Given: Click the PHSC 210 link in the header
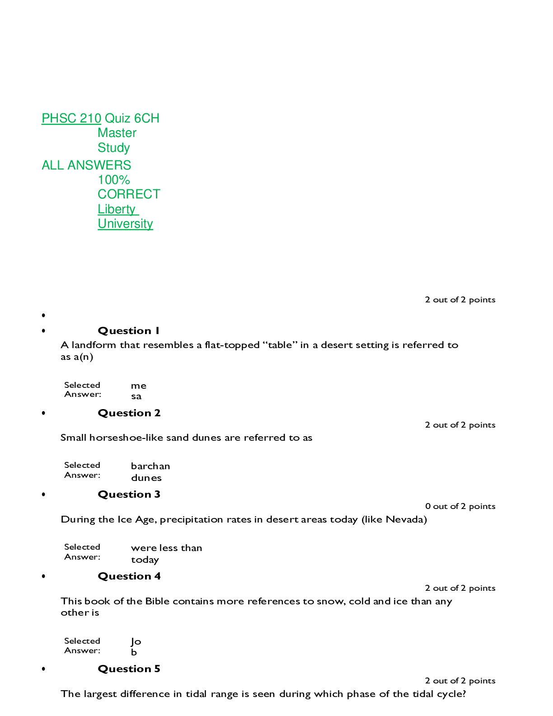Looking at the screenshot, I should coord(71,118).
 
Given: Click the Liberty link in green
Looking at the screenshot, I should coord(117,209).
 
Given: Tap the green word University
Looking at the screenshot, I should coord(125,224).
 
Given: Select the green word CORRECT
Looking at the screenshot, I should coord(129,194).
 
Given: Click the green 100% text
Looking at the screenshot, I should coord(114,180).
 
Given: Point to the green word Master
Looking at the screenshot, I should coord(117,133).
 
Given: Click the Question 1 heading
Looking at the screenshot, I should coord(129,331).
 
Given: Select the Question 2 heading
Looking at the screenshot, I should coord(129,413).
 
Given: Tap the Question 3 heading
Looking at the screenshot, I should coord(129,495).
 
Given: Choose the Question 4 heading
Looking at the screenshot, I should coord(129,576).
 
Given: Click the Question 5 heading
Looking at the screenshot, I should coord(129,669).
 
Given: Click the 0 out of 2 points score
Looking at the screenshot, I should coord(460,506).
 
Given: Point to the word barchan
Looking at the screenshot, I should coord(150,466).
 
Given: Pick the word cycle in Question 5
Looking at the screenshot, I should coord(450,694).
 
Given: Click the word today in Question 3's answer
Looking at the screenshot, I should coord(145,560).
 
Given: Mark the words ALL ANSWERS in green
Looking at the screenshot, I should coord(86,165).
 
